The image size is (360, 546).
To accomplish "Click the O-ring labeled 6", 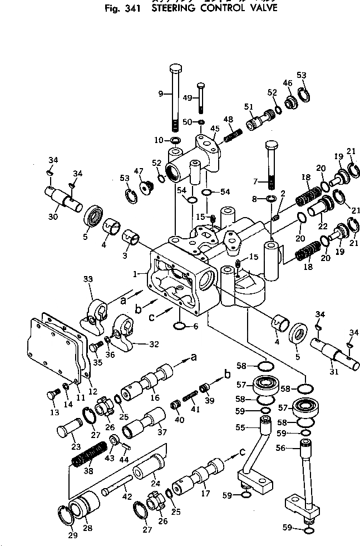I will (x=180, y=326).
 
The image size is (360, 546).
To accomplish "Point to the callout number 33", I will (x=87, y=279).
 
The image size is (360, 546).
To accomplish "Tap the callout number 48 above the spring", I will (x=228, y=119).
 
